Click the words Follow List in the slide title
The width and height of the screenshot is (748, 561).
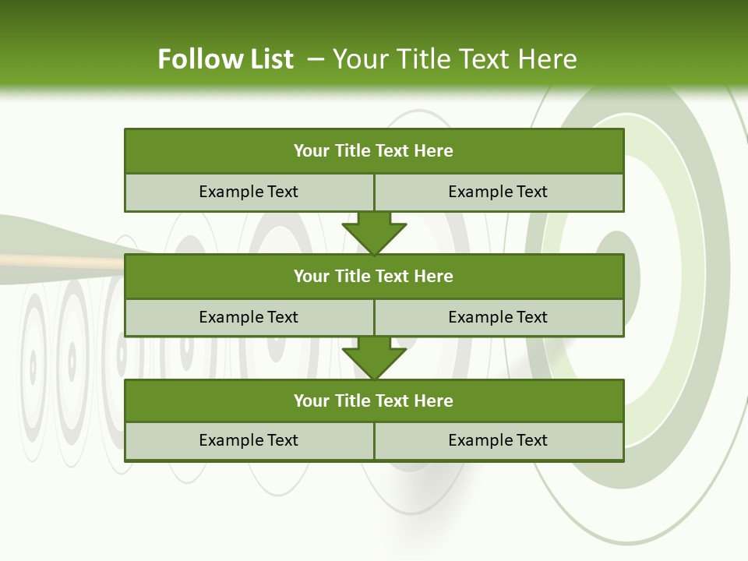225,59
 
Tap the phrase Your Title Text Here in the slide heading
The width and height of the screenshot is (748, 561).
454,59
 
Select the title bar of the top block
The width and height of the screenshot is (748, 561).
374,151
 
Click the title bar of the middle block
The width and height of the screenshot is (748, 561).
374,276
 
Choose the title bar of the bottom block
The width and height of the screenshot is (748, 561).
374,400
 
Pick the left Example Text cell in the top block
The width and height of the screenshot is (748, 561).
249,192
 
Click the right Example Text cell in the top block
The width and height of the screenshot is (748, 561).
498,192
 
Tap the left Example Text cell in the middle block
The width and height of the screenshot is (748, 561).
249,317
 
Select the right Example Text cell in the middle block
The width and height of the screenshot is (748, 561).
498,317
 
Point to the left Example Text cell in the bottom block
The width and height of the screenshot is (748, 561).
249,440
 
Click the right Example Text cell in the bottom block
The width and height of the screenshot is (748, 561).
498,440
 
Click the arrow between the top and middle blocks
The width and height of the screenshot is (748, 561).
374,232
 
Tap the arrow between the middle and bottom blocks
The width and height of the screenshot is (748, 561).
374,358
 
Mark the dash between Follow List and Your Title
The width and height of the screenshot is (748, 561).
316,59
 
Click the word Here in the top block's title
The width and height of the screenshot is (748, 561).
434,151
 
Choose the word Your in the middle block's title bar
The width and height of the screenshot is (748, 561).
312,276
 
